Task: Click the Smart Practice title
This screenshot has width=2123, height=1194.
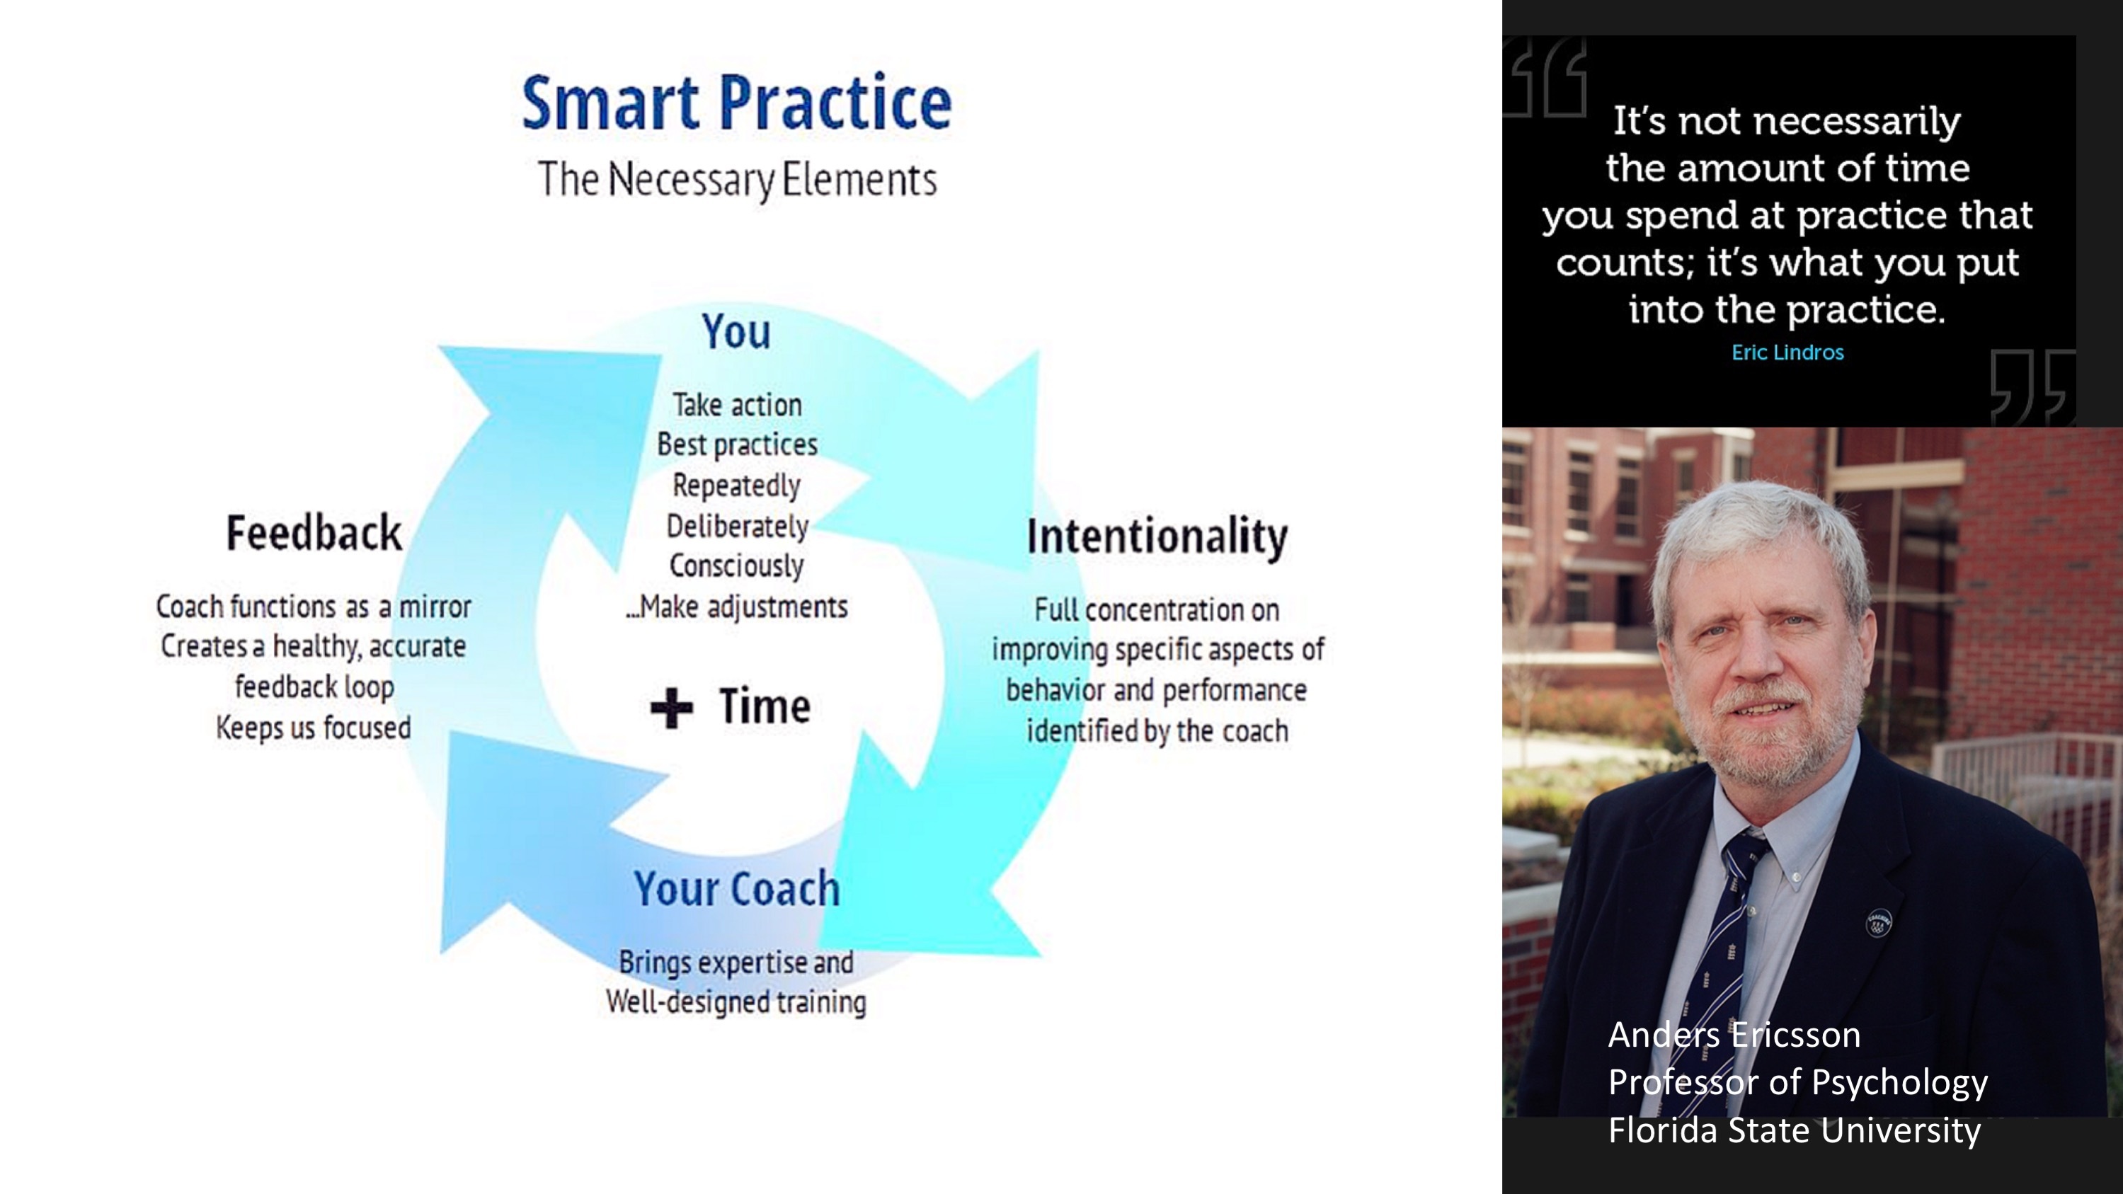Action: click(x=737, y=103)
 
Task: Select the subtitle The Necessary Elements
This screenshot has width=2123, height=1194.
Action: click(x=737, y=180)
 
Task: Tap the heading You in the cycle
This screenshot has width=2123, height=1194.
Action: click(x=736, y=331)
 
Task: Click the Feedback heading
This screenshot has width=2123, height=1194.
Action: click(x=314, y=532)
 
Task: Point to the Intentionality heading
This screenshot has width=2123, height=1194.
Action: click(x=1157, y=536)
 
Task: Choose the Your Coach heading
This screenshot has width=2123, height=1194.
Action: click(x=737, y=888)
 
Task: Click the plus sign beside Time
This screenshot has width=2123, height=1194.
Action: click(x=672, y=708)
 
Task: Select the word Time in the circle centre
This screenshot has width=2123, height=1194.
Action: click(x=765, y=706)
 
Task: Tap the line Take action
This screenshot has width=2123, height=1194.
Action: click(x=737, y=405)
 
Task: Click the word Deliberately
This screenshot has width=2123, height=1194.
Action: click(x=737, y=526)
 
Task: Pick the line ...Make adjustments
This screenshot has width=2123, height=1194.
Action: click(x=736, y=607)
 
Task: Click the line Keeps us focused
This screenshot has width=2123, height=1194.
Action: click(x=313, y=728)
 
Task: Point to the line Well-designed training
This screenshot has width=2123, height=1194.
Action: click(x=736, y=1002)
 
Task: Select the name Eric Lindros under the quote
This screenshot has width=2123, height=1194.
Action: click(x=1787, y=352)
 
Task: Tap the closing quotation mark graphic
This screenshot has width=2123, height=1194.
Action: click(x=2032, y=386)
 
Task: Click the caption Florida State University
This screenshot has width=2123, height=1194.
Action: click(x=1794, y=1130)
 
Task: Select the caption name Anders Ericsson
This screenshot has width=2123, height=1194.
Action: click(x=1734, y=1035)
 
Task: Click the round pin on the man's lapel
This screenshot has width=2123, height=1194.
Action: click(x=1878, y=923)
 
